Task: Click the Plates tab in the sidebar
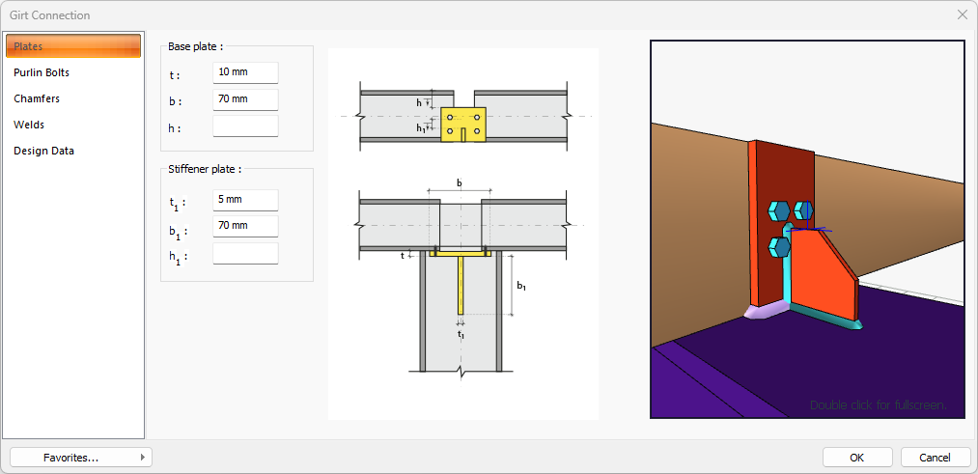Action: [x=73, y=46]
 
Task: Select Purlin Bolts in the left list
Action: [x=42, y=72]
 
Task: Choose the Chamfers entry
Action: [x=37, y=98]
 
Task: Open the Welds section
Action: [x=29, y=125]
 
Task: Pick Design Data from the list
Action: [x=43, y=151]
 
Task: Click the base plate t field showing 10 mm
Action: [x=245, y=72]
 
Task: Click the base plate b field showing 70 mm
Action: [x=245, y=99]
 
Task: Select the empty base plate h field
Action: [x=245, y=126]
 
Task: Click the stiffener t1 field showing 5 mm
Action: [x=245, y=200]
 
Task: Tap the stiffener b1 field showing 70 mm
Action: [x=245, y=226]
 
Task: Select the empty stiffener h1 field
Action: [x=245, y=253]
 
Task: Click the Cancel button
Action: [x=935, y=458]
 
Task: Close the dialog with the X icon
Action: [x=962, y=14]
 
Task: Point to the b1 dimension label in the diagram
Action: [x=521, y=286]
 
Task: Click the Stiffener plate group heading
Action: [x=205, y=168]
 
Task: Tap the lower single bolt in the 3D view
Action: [x=779, y=247]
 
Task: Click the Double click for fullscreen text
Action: [x=877, y=404]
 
